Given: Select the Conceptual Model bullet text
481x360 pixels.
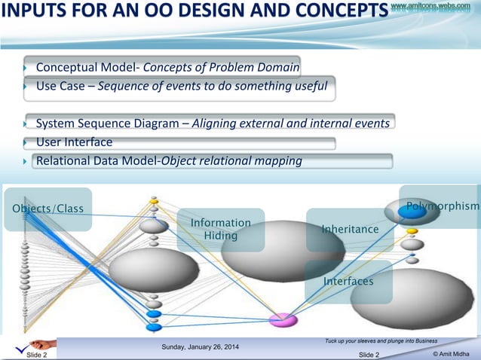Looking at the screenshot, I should [167, 69].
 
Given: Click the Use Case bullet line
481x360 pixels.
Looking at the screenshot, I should [181, 86].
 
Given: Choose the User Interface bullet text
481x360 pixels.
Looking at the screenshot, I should [74, 142].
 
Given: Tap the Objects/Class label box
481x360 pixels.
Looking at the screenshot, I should [47, 209].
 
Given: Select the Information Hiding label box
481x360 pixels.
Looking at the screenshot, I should [220, 230].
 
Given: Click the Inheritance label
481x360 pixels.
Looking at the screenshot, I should [350, 229].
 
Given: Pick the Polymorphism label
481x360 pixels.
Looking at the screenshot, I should [443, 206].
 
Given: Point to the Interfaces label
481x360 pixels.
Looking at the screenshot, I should [348, 281].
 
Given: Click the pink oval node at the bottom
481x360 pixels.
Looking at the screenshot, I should [283, 319].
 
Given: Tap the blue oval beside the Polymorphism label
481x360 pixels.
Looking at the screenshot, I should [412, 212].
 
